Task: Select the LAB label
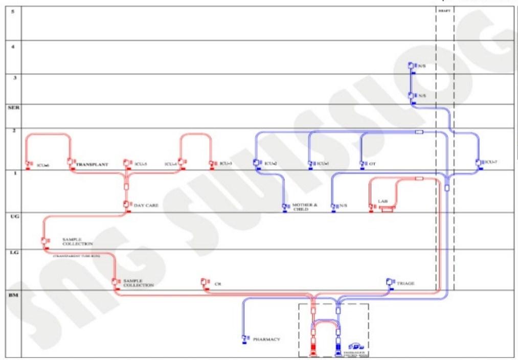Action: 383,201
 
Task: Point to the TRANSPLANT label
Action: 92,165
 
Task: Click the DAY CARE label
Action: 146,206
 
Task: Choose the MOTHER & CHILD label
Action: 305,207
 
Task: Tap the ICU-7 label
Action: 491,163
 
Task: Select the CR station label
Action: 218,283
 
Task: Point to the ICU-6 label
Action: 42,165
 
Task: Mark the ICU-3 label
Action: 226,164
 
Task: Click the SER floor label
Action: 13,108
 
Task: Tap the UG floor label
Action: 14,217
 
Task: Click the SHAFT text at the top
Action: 444,10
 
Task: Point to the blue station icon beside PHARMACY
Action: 244,339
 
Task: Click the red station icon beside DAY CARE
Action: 126,205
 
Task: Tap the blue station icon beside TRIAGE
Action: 390,282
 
